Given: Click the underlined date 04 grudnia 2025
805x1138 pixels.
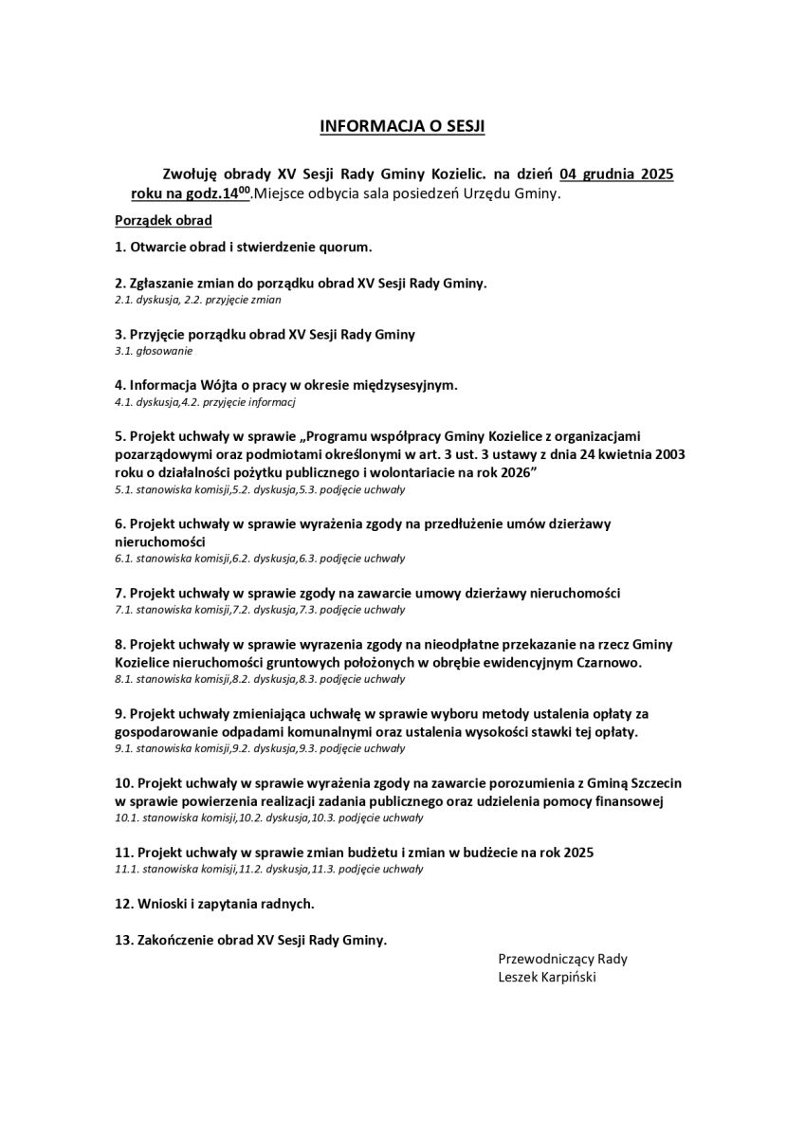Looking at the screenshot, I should click(616, 174).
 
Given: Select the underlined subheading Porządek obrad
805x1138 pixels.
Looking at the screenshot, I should click(162, 220).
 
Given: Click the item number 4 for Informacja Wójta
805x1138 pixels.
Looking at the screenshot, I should click(119, 385).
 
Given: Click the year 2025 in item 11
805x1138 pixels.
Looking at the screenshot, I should click(578, 853).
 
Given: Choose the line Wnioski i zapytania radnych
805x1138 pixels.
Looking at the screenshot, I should click(214, 904).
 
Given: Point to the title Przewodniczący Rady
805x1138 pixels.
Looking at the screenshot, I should click(562, 958).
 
